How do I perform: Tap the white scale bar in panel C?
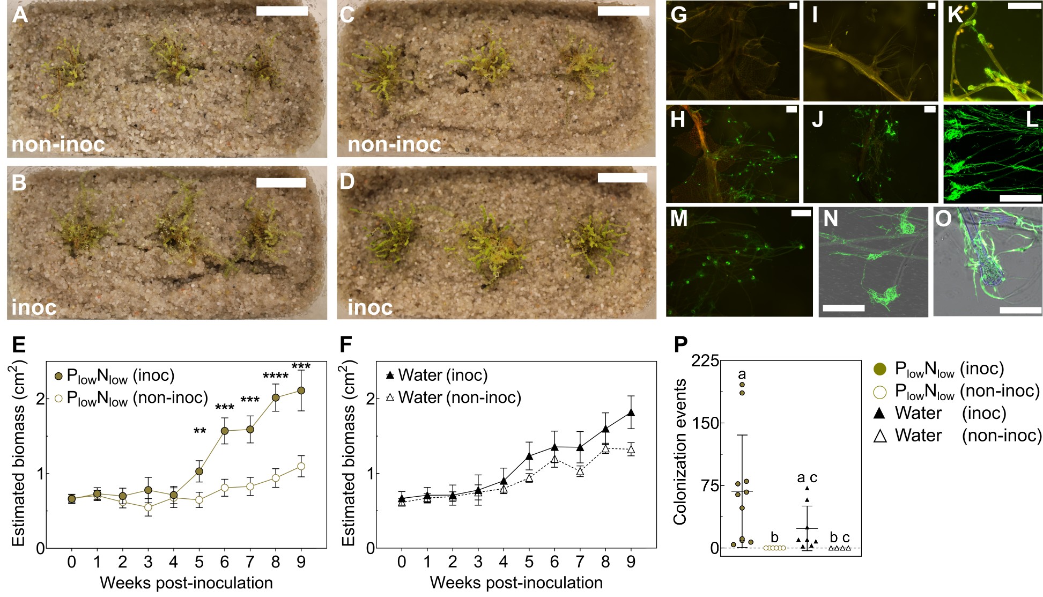pos(623,11)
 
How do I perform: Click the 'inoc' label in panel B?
pos(34,307)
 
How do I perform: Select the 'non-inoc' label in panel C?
pos(394,144)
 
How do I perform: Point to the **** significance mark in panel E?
pos(276,377)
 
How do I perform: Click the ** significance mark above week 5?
pos(199,431)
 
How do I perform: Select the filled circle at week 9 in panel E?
pos(301,390)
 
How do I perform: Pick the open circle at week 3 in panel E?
pos(148,507)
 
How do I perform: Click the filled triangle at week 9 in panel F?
pos(631,412)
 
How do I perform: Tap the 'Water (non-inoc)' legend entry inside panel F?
pos(454,397)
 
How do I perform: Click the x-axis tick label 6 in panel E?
pos(225,562)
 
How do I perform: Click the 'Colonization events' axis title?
pos(680,452)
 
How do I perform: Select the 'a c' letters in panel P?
pos(807,477)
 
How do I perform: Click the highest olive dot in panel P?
pos(742,384)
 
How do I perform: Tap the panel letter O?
pos(943,218)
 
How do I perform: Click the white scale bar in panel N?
pos(843,308)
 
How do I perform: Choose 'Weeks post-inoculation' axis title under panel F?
pos(516,583)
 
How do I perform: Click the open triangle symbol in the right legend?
pos(880,436)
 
